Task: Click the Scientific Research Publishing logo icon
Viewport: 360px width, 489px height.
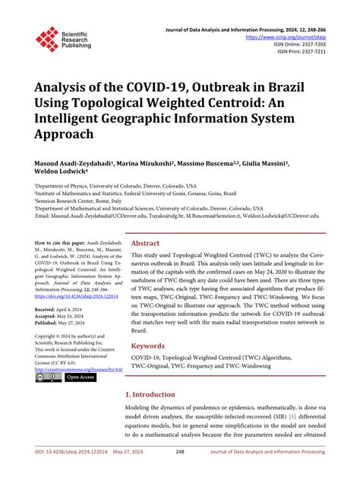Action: (x=47, y=39)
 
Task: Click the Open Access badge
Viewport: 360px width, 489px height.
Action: (x=80, y=377)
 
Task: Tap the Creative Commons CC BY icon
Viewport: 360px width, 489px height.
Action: (x=49, y=377)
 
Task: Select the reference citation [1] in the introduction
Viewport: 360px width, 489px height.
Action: (x=292, y=417)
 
